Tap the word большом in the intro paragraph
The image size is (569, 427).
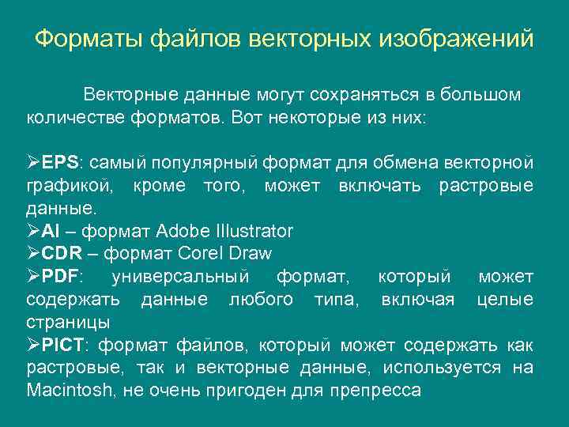pos(480,96)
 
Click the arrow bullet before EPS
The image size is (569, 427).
pos(33,164)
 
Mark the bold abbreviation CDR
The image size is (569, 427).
pos(61,255)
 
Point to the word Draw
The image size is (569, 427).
pos(251,255)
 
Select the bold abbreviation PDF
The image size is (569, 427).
pos(61,278)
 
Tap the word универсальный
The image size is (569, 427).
pos(181,278)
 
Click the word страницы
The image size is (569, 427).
pos(68,323)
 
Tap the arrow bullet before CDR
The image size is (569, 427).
pos(33,255)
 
